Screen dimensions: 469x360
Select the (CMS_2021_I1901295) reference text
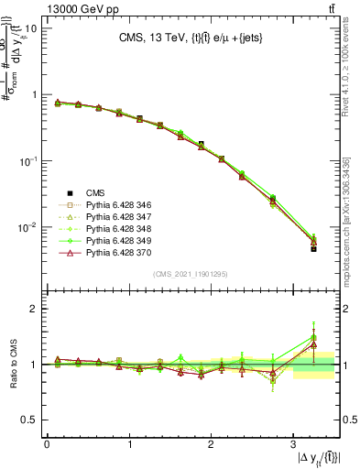(190, 274)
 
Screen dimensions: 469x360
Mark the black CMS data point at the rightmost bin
(313, 248)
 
